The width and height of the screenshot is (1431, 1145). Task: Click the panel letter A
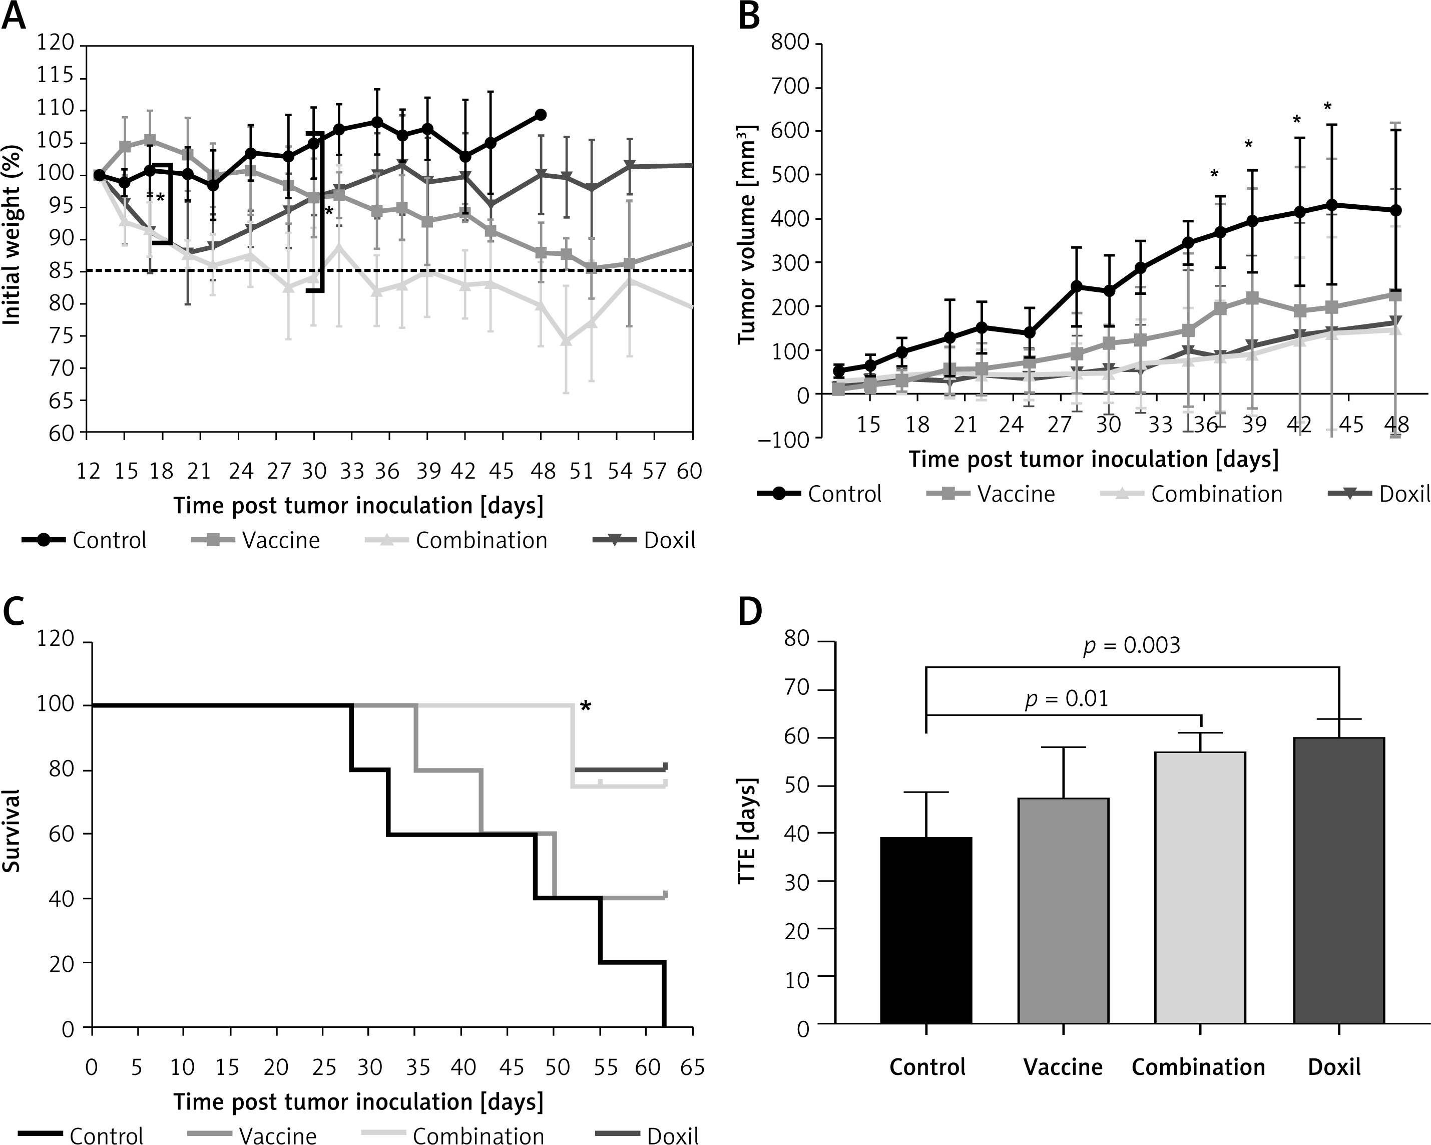[x=14, y=16]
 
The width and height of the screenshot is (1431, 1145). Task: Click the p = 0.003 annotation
[x=1132, y=646]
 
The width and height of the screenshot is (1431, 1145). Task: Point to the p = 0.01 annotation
[x=1067, y=699]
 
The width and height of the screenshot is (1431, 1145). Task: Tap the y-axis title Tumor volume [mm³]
[x=747, y=234]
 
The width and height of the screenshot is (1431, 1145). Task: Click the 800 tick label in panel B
[x=790, y=44]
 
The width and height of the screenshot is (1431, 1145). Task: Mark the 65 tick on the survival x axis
[x=692, y=1068]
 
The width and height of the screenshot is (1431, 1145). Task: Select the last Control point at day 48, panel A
[x=541, y=115]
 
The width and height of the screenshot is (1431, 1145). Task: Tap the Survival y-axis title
[x=12, y=831]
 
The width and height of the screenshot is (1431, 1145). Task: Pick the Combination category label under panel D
[x=1198, y=1067]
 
